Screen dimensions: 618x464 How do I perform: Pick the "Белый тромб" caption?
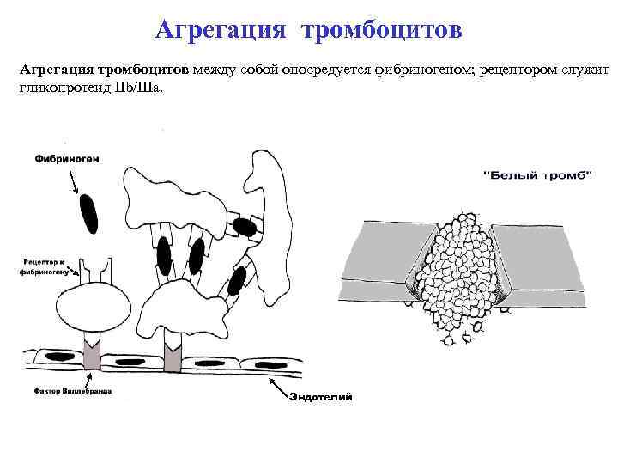point(538,175)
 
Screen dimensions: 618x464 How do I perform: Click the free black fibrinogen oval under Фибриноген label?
point(88,212)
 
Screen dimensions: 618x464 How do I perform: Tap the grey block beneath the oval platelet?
point(92,353)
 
